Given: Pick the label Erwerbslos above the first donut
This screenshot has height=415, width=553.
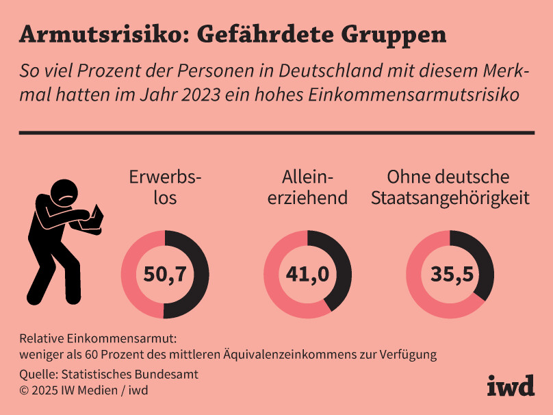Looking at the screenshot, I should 165,188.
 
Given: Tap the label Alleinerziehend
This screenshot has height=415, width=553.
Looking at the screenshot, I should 307,188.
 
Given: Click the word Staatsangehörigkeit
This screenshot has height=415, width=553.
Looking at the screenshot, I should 450,199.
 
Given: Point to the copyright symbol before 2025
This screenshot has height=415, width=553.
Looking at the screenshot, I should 24,390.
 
